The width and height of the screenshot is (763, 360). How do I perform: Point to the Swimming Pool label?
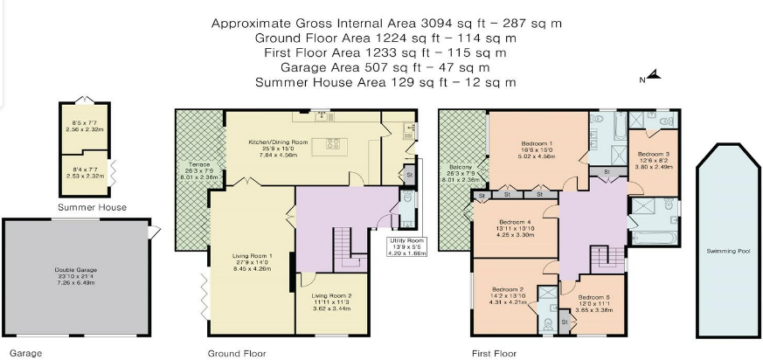[728, 251]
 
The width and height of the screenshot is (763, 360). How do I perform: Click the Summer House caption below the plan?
[92, 207]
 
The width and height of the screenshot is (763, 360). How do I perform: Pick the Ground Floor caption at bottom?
[236, 354]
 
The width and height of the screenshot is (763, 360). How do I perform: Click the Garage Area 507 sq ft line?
[385, 67]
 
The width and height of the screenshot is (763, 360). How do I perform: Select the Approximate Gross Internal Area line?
[385, 23]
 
